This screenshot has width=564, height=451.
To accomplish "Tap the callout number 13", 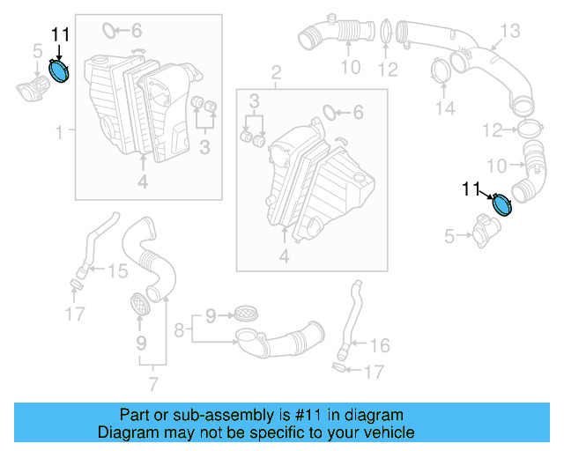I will (x=511, y=32).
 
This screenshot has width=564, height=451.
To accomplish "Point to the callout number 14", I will (x=447, y=108).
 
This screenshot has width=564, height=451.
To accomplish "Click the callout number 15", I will (x=117, y=271).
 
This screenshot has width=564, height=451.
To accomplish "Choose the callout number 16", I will (x=379, y=344).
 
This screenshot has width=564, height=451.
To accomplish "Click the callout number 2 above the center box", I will (x=276, y=71).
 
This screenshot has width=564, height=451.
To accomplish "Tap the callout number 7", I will (x=153, y=384).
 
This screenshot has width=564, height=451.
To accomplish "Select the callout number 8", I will (x=178, y=331).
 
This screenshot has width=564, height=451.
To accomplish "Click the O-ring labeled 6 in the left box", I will (x=109, y=32).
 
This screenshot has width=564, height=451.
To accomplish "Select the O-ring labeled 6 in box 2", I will (x=328, y=112).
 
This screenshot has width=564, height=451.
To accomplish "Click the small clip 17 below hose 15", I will (x=76, y=283).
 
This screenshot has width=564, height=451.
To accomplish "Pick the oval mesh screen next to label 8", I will (x=244, y=313).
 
